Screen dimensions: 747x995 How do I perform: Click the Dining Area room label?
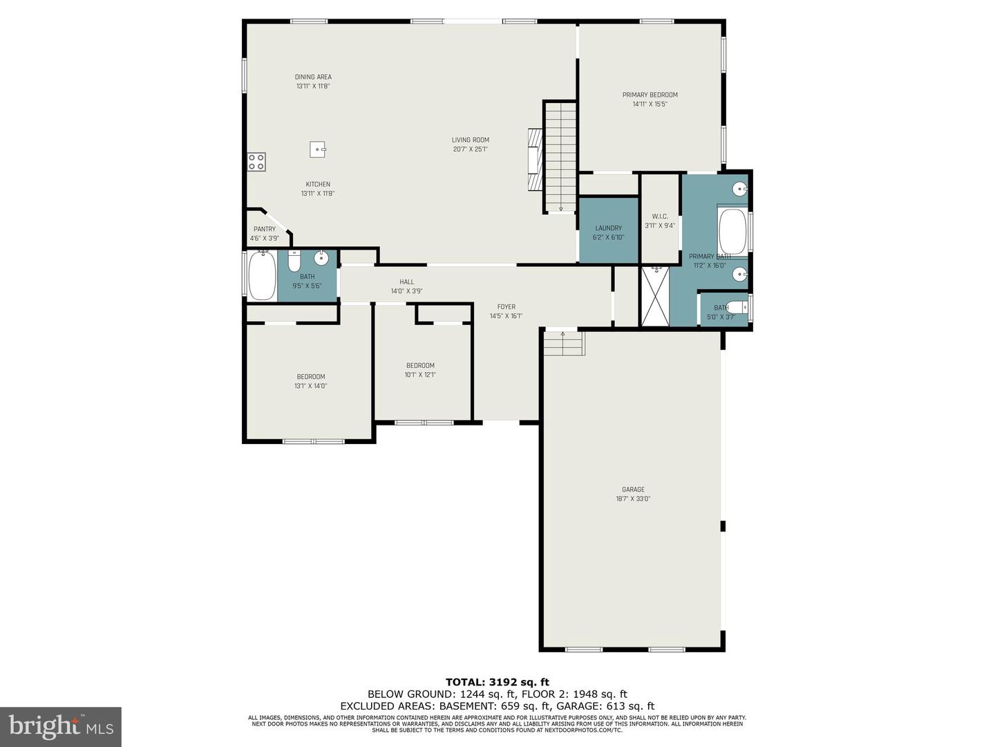tap(313, 77)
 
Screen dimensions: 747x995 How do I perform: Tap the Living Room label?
tap(470, 140)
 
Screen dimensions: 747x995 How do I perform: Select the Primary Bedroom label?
tap(650, 95)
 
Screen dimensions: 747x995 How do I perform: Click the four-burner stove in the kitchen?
tap(256, 162)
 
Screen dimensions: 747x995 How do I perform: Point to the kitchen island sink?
tap(318, 149)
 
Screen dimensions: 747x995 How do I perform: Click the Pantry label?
tap(264, 229)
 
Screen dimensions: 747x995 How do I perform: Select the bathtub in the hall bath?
tap(262, 275)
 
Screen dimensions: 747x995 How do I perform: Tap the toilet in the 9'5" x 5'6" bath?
tap(294, 261)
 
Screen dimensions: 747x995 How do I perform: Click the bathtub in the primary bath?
tap(732, 231)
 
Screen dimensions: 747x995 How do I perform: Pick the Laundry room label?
tap(608, 228)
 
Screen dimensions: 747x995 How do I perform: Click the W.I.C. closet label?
tap(660, 216)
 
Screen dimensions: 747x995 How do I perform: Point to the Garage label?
tap(633, 490)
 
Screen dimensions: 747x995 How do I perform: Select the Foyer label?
tap(506, 307)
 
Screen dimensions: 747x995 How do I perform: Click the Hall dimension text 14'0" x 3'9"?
tap(406, 291)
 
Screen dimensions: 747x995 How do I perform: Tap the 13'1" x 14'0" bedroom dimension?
tap(310, 386)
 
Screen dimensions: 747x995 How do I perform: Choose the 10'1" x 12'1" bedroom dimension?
tap(420, 375)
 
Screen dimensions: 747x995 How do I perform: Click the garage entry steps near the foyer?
tap(564, 343)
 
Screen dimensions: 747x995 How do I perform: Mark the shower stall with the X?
tap(655, 297)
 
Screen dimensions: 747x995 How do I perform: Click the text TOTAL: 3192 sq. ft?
tap(497, 683)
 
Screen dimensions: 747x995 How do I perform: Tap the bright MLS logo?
tap(61, 726)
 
